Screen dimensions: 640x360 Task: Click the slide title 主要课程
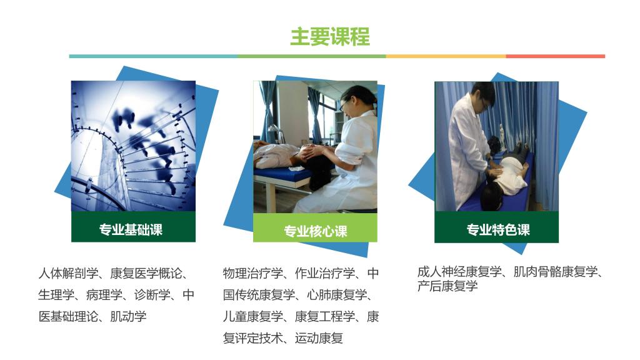coord(330,37)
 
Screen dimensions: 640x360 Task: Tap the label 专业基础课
coord(131,229)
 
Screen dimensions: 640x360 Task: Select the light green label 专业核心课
coord(316,231)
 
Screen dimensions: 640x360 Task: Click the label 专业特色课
coord(498,230)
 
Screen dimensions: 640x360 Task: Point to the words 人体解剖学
coord(68,273)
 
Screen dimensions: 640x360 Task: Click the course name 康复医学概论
coord(146,273)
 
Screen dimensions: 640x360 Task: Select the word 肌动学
coord(128,316)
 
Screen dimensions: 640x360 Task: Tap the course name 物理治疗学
coord(253,273)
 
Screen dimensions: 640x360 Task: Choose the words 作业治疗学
coord(325,273)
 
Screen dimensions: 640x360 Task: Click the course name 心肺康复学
coord(337,295)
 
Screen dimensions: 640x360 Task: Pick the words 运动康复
coord(319,338)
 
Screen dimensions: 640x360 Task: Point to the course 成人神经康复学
coord(459,271)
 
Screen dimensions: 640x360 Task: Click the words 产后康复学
coord(447,286)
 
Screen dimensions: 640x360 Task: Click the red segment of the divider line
coord(556,56)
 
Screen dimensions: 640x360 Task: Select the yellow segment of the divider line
coord(446,56)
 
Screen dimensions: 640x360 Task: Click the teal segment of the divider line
coord(153,56)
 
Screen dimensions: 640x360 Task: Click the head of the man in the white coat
coord(483,95)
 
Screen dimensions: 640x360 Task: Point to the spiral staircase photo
coord(134,146)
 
